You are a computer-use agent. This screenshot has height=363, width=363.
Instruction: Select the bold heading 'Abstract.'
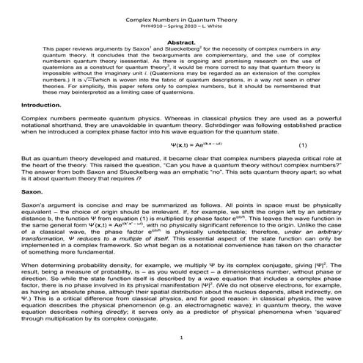(x=180, y=43)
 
